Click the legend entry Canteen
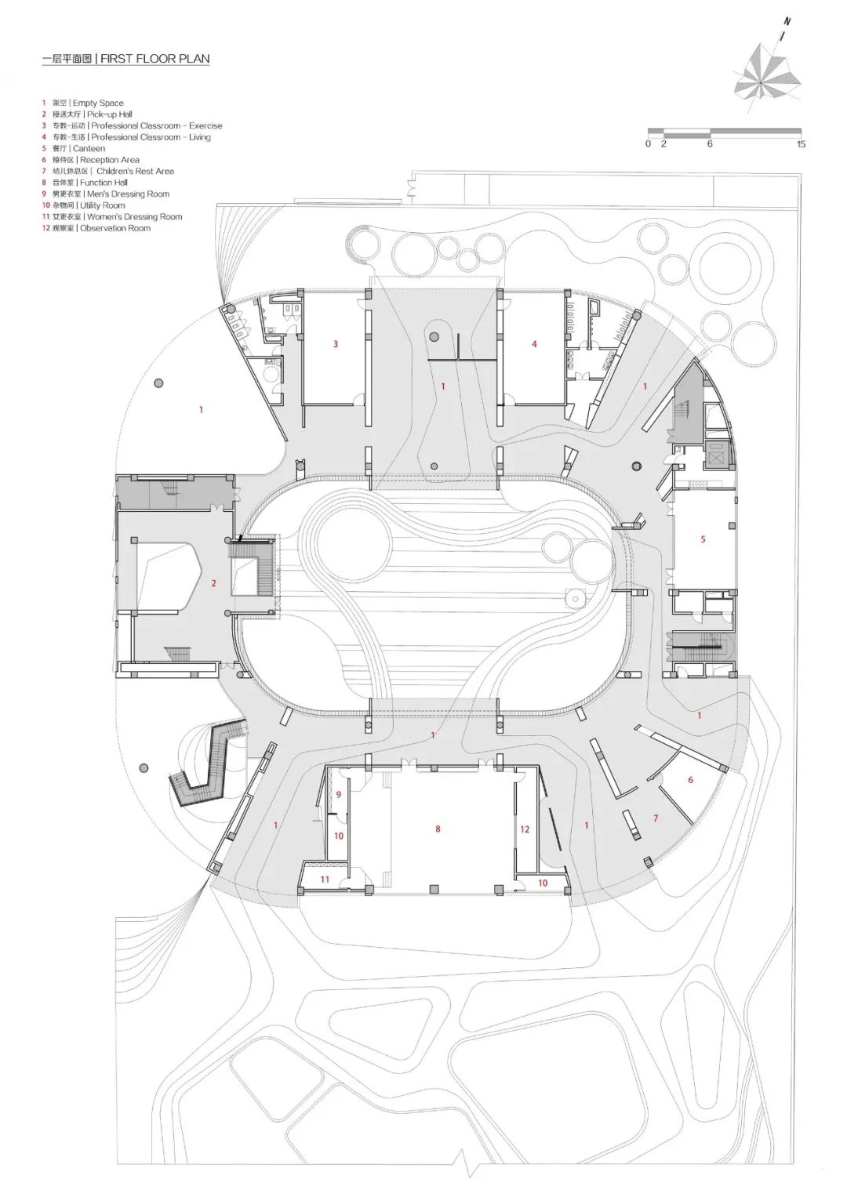tap(88, 148)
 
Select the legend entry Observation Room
tap(115, 228)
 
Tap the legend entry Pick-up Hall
tap(109, 114)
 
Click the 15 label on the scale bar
tap(801, 144)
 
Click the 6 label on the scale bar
tap(710, 144)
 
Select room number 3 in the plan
tap(336, 344)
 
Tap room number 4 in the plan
tap(534, 344)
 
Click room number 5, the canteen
tap(703, 539)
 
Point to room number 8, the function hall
tap(438, 829)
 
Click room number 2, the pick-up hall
tap(213, 583)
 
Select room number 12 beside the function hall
tap(525, 829)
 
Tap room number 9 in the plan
tap(339, 795)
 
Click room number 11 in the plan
tap(325, 880)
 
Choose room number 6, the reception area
tap(690, 780)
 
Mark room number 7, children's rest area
tap(656, 818)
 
